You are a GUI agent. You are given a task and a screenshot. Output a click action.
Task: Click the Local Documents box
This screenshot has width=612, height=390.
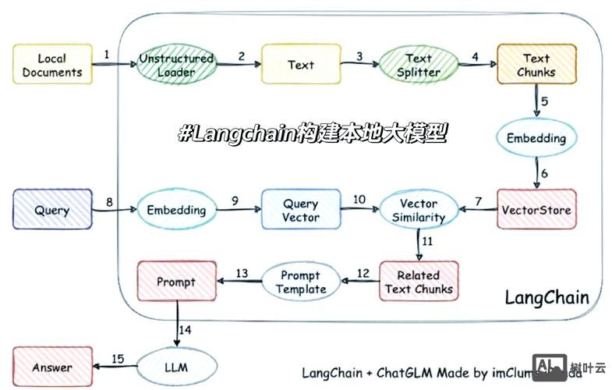tap(52, 65)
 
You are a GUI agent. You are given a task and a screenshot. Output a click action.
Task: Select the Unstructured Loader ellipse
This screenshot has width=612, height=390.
tap(176, 66)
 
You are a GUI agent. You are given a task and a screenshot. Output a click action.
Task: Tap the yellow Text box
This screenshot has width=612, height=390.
tap(301, 65)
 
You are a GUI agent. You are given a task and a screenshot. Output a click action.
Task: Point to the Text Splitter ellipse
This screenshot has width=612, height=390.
tap(419, 66)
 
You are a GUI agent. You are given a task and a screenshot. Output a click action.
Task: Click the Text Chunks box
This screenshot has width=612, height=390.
tap(536, 65)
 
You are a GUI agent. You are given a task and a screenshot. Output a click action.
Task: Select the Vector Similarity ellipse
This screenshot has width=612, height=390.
tap(419, 210)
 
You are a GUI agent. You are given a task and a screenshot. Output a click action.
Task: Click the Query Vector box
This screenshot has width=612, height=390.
tap(301, 210)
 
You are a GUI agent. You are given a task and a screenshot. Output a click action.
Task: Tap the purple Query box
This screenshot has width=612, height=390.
tap(52, 210)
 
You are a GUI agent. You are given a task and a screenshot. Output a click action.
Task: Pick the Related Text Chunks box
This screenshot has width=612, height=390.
tap(418, 282)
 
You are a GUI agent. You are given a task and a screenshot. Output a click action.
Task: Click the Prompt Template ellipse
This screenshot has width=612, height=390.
tap(301, 282)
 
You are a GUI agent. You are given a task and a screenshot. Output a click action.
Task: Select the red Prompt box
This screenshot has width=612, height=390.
tap(176, 282)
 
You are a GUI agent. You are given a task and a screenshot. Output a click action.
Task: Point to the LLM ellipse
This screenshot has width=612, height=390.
tap(175, 367)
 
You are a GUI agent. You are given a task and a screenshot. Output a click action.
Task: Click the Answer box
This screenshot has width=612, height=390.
tap(52, 367)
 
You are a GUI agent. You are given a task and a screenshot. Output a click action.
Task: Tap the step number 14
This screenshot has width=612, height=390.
tap(184, 331)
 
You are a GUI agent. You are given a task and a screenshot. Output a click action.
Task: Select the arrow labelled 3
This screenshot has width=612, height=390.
tap(359, 66)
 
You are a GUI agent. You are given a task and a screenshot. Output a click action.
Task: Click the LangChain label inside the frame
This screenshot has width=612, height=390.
tap(547, 298)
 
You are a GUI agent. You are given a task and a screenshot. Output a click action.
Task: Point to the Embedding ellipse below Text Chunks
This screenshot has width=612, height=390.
tap(536, 137)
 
